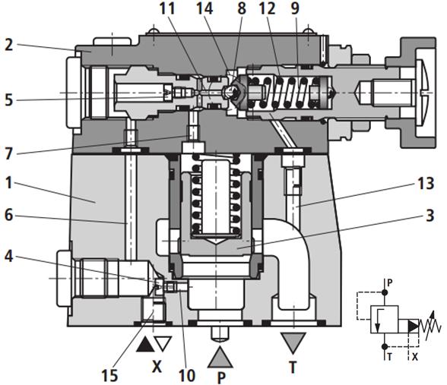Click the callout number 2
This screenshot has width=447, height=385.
click(x=8, y=45)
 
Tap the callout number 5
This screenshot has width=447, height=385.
click(x=8, y=100)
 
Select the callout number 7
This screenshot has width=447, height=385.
click(x=8, y=153)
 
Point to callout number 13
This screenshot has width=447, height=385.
click(x=426, y=183)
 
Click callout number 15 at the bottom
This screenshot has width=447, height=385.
click(x=109, y=375)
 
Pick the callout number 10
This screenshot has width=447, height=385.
click(x=187, y=375)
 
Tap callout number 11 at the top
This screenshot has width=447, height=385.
click(x=167, y=8)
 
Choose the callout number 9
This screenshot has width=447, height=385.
click(x=295, y=8)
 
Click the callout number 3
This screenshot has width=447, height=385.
click(x=430, y=216)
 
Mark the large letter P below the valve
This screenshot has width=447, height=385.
click(x=221, y=377)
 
